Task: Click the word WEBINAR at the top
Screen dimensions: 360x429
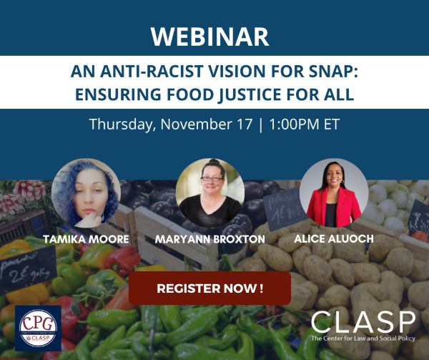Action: tap(214, 34)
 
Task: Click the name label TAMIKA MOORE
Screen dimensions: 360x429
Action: tap(86, 240)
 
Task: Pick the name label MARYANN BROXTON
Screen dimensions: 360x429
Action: tap(210, 240)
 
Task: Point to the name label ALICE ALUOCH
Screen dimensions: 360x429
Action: tap(334, 240)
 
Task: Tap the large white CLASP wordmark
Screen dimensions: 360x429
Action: tap(364, 320)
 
